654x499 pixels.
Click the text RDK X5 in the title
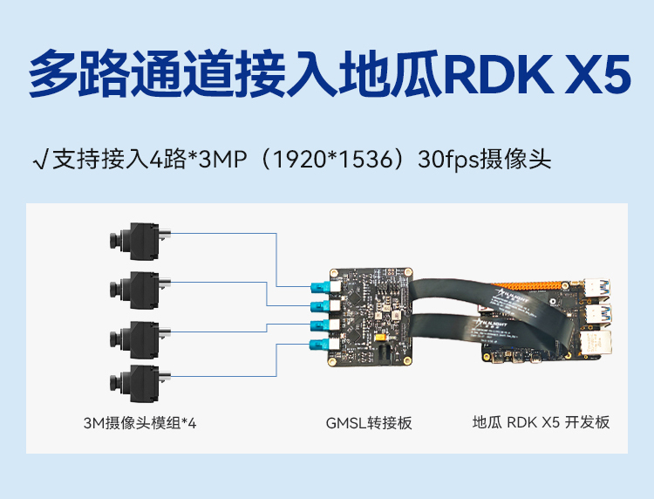point(538,74)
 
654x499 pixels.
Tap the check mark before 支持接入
point(40,160)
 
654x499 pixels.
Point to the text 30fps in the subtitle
point(448,160)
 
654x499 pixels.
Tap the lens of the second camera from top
point(116,290)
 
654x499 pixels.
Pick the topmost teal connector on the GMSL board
point(320,287)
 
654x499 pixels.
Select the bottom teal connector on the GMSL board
point(320,345)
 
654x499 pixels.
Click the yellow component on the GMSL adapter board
point(380,337)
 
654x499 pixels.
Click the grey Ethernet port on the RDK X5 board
point(596,343)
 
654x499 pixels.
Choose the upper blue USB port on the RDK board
point(598,289)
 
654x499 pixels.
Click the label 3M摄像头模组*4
point(140,423)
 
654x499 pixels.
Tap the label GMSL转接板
point(369,423)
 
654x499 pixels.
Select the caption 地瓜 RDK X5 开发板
point(541,422)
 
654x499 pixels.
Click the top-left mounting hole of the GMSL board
point(334,273)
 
